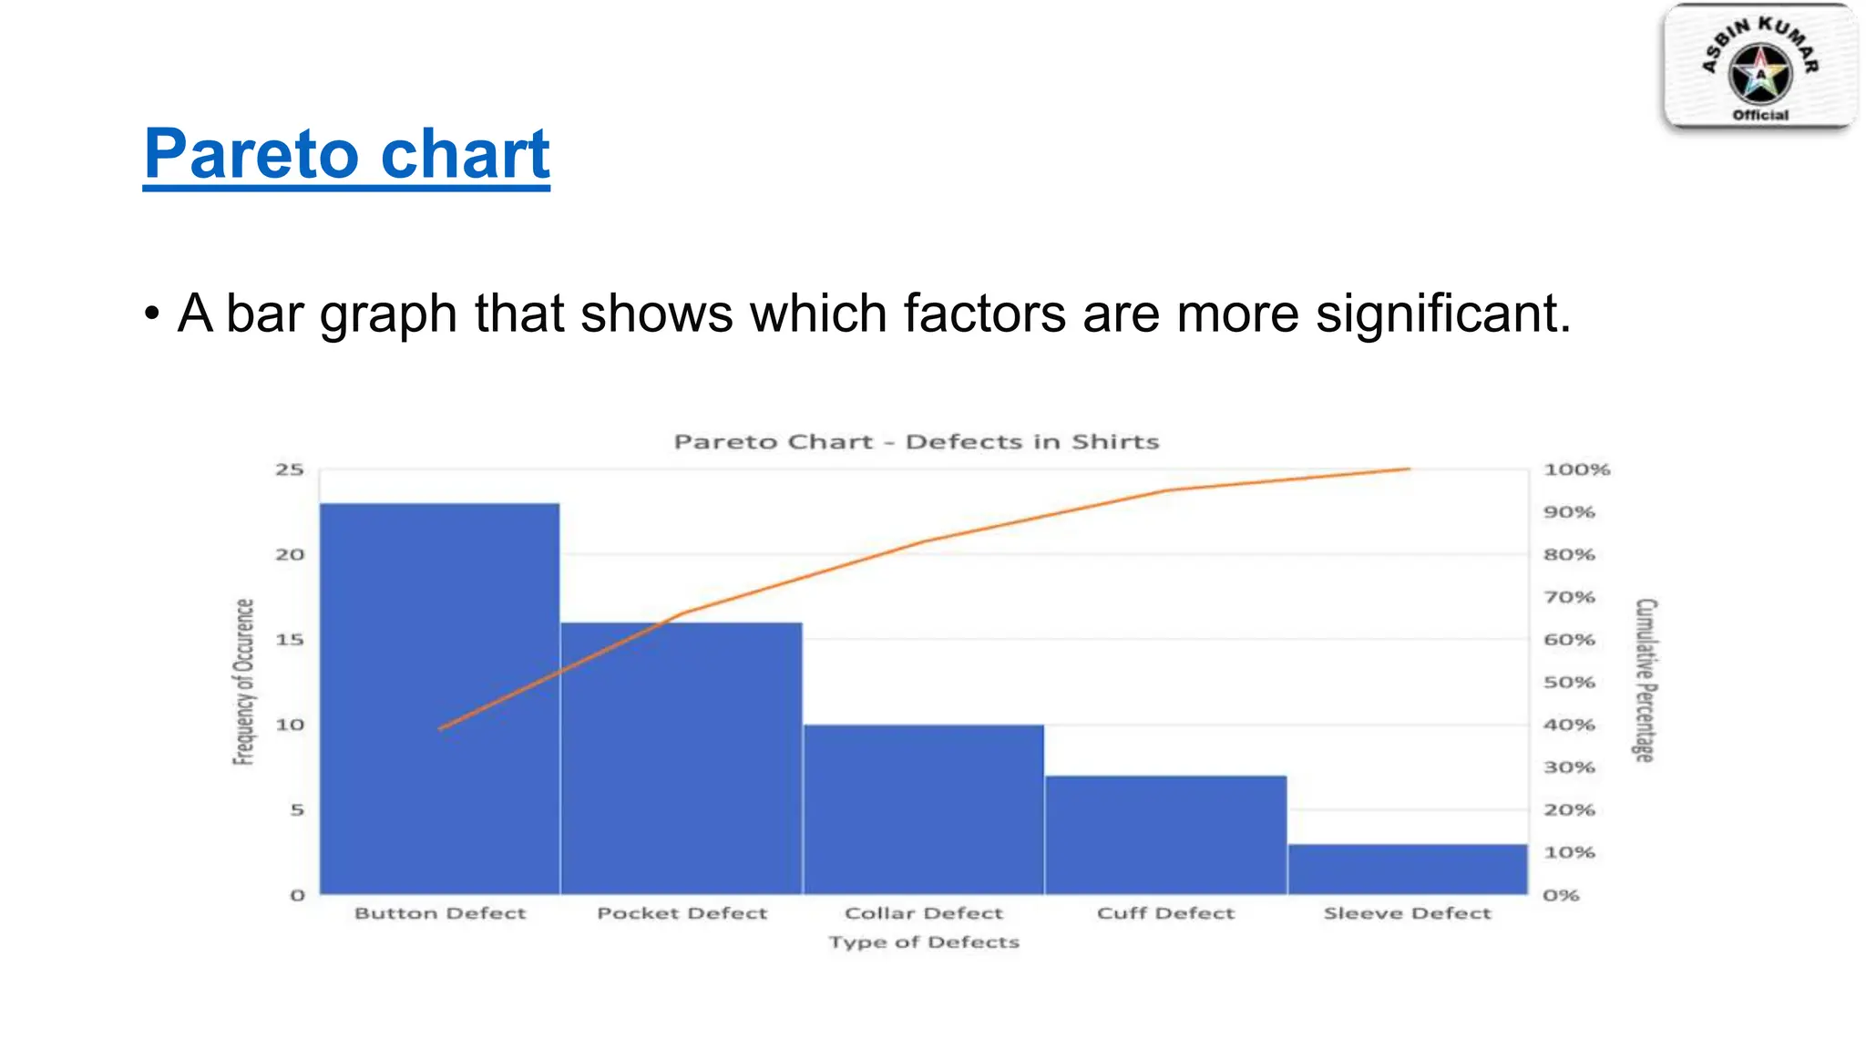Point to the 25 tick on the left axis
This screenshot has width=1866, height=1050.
point(290,469)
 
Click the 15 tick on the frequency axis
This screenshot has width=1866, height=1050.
point(290,640)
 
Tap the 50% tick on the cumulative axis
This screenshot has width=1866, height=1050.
point(1569,682)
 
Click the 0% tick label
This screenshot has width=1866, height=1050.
point(1561,895)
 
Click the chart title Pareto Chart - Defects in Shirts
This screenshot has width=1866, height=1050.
point(916,442)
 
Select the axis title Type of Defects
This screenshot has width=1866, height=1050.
point(923,942)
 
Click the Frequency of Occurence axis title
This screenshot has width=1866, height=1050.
point(243,681)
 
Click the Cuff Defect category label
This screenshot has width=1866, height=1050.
point(1165,913)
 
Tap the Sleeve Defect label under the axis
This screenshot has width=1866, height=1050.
point(1407,913)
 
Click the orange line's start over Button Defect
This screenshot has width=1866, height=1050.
point(441,728)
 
